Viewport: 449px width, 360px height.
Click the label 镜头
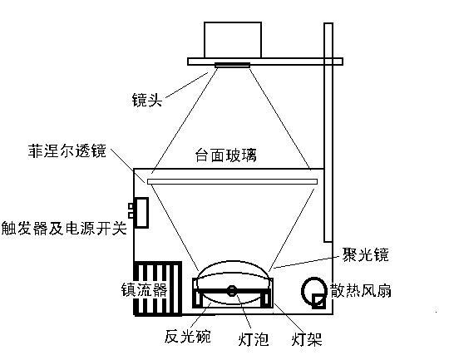coord(147,100)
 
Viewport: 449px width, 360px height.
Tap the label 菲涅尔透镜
coord(67,150)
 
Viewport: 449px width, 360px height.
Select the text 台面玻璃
coord(226,155)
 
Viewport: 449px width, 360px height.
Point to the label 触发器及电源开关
coord(64,229)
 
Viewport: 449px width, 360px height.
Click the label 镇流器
coord(145,290)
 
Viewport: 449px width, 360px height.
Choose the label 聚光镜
coord(366,254)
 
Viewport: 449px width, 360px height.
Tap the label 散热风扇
coord(361,291)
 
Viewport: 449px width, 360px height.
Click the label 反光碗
coord(188,336)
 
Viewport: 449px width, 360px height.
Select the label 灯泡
coord(254,339)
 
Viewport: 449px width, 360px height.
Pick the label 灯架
coord(307,339)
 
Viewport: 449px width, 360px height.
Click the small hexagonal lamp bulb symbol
coord(231,291)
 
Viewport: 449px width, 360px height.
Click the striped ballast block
coord(157,288)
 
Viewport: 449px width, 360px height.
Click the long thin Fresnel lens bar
coord(232,181)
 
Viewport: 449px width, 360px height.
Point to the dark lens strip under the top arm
coord(232,66)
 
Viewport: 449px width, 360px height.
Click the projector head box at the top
coord(233,40)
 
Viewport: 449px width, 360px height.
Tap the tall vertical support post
coord(328,132)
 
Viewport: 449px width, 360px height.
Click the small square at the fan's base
coord(318,301)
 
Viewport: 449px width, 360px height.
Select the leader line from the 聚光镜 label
coord(308,263)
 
